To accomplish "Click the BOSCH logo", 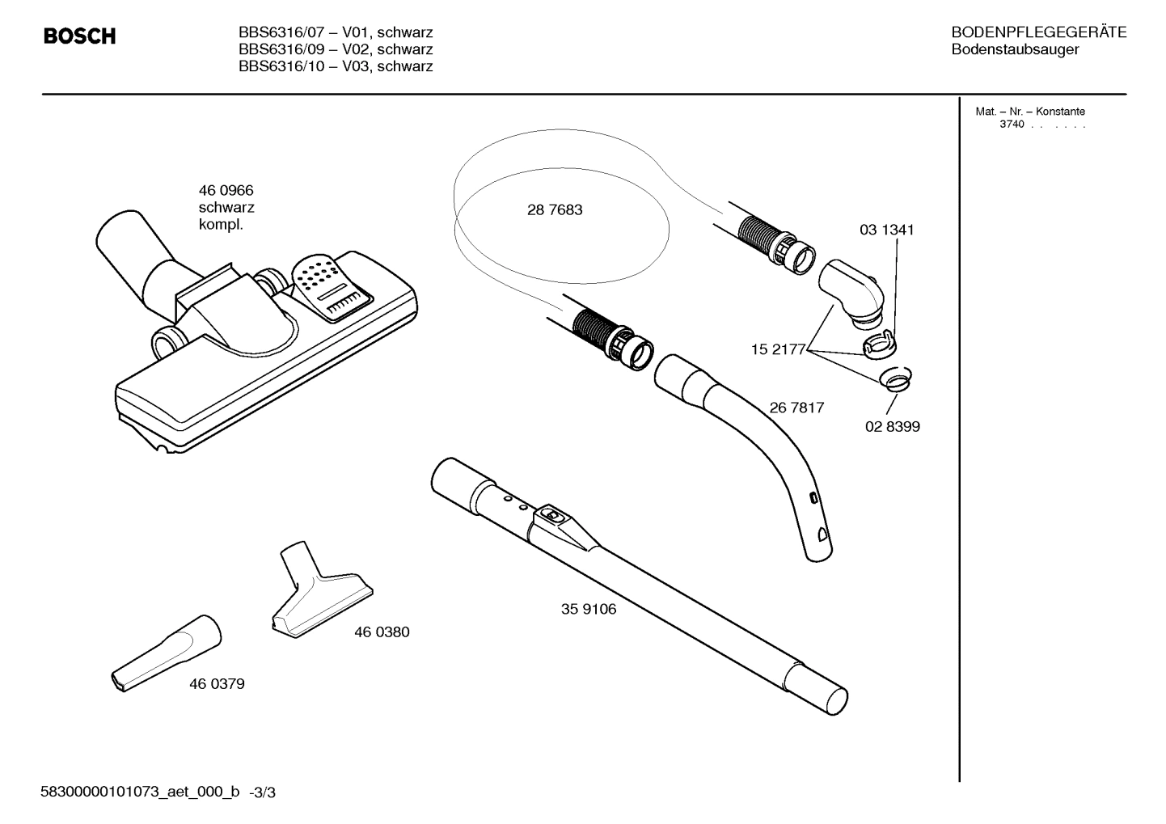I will pos(79,36).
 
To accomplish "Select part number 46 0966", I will pos(226,191).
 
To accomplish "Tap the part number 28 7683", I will pos(555,210).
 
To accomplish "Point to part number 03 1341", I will pos(886,230).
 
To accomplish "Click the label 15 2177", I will pos(778,350).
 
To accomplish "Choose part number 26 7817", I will pos(796,408).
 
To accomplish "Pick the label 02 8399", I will pos(892,427).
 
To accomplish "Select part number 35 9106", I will pos(588,610).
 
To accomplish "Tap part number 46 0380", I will pos(382,632).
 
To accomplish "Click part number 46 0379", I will pos(217,684).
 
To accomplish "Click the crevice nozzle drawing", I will pos(165,653).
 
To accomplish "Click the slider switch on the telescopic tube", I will pos(553,513).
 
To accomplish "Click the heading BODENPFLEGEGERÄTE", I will pos(1038,33).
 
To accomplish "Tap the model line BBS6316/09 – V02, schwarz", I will pos(336,50).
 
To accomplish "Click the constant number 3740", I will pos(1012,125).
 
